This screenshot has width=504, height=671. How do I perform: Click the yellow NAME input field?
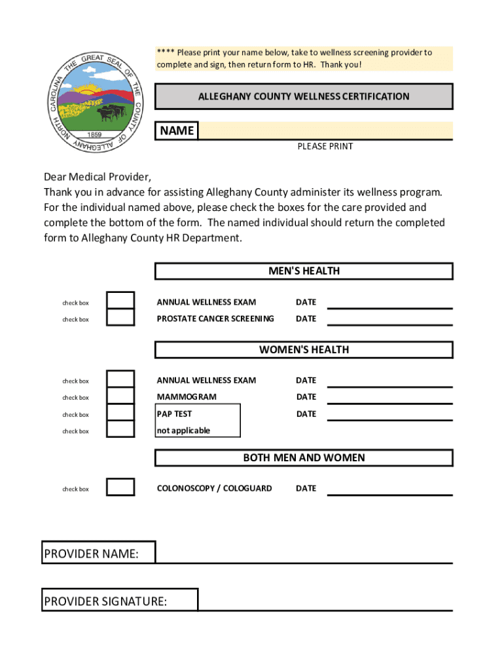tap(325, 130)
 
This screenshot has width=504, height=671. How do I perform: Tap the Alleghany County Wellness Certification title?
tap(304, 96)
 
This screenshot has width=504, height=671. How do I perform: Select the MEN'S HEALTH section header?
tap(304, 271)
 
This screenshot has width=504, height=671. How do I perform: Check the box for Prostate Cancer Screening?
tap(120, 318)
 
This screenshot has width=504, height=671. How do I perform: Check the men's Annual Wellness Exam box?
tap(120, 301)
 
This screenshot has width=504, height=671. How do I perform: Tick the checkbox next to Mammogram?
tap(120, 396)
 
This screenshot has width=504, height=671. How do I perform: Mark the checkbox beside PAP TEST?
tap(120, 413)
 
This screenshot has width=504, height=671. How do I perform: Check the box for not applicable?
tap(120, 429)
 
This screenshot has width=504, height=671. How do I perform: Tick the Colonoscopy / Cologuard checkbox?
tap(120, 487)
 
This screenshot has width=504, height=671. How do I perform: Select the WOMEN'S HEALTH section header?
tap(304, 349)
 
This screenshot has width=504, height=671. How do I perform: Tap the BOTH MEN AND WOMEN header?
tap(304, 457)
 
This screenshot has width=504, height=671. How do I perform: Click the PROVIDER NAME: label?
tap(92, 554)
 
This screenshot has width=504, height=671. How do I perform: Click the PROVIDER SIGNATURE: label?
tap(105, 601)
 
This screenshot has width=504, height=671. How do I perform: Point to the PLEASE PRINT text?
tap(325, 146)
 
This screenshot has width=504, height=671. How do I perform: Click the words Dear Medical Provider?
tap(98, 177)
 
